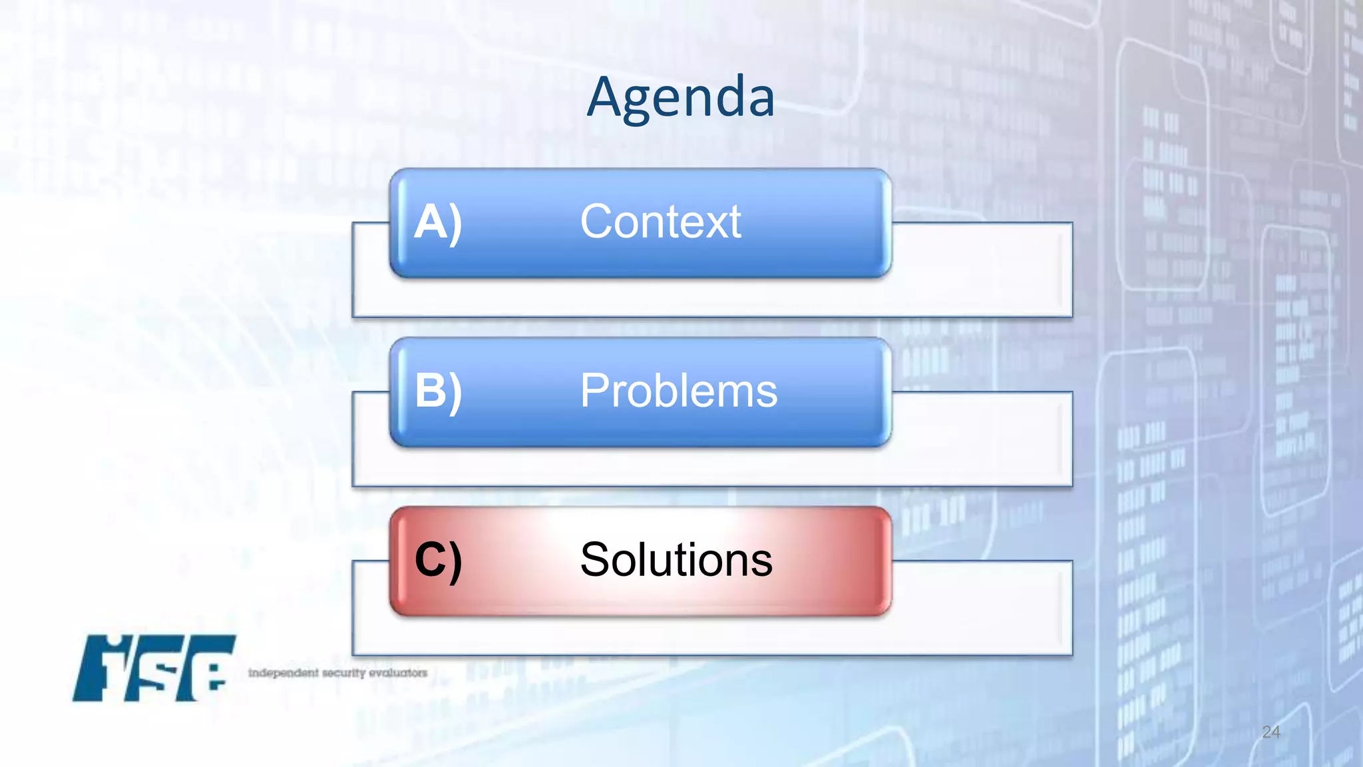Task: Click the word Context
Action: coord(660,222)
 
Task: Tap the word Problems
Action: coord(678,391)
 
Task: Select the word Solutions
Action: coord(676,560)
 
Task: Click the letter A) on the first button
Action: coord(437,222)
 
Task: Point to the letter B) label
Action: coord(437,391)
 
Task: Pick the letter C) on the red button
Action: coord(437,560)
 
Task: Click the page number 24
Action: coord(1270,732)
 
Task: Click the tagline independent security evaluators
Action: coord(337,673)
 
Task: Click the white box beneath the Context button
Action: coord(712,297)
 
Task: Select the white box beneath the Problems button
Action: coord(712,466)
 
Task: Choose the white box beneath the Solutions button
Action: coord(712,635)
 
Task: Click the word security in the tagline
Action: coord(344,673)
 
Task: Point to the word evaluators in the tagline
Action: coord(398,673)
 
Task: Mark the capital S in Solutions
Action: coord(594,560)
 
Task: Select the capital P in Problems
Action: coord(594,391)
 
